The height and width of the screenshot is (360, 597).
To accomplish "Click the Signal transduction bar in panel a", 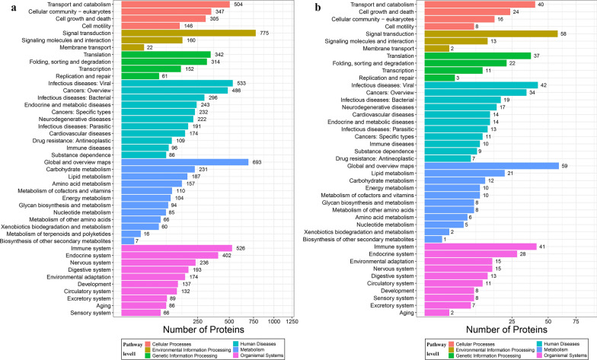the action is pyautogui.click(x=189, y=33).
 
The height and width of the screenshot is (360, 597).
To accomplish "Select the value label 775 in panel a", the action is pyautogui.click(x=264, y=33).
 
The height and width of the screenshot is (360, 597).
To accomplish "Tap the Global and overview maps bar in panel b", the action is pyautogui.click(x=492, y=166).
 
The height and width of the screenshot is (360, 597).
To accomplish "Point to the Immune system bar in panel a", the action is pyautogui.click(x=177, y=248).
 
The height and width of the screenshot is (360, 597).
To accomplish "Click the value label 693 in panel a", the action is pyautogui.click(x=257, y=162).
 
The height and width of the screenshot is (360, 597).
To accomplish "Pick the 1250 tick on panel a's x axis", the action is pyautogui.click(x=292, y=321).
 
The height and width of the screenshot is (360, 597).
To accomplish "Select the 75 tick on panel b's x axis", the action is pyautogui.click(x=576, y=321).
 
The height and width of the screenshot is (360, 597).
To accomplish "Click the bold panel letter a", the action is pyautogui.click(x=14, y=8).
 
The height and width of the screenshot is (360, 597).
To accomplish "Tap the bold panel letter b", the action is pyautogui.click(x=318, y=8).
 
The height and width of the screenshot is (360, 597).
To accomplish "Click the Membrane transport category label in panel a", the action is pyautogui.click(x=85, y=47).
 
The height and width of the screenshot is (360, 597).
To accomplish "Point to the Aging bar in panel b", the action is pyautogui.click(x=437, y=312).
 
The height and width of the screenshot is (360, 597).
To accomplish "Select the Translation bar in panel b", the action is pyautogui.click(x=477, y=56).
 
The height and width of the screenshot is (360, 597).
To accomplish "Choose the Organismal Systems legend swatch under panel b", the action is pyautogui.click(x=538, y=355).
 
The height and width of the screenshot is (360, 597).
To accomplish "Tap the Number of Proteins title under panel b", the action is pyautogui.click(x=506, y=330).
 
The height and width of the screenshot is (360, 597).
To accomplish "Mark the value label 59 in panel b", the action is pyautogui.click(x=565, y=166).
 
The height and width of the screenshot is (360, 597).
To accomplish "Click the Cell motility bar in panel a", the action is pyautogui.click(x=151, y=26).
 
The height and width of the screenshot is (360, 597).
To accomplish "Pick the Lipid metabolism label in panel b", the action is pyautogui.click(x=393, y=174).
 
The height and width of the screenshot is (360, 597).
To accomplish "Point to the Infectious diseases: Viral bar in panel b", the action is pyautogui.click(x=481, y=85).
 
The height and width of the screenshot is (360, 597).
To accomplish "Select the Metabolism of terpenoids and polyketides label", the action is pyautogui.click(x=59, y=234).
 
